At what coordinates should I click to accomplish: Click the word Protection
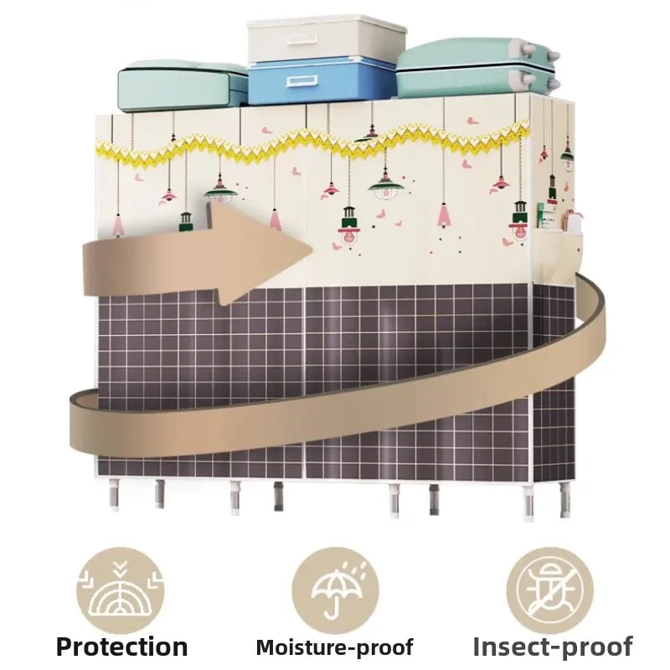tap(121, 646)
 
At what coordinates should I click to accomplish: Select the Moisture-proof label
tap(334, 647)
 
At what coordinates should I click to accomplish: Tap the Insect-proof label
tap(552, 646)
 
